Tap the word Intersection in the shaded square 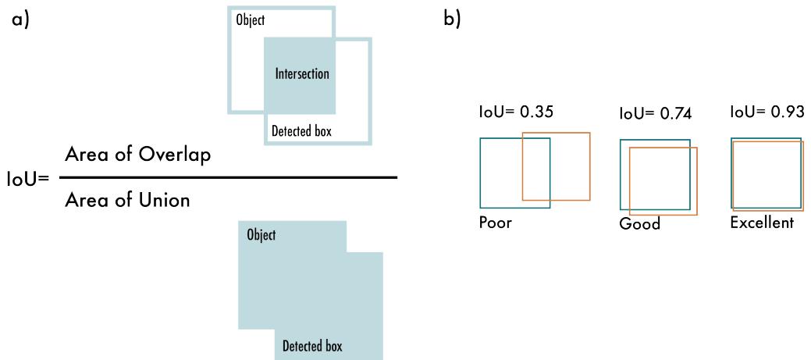(302, 75)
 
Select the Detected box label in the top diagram (301, 131)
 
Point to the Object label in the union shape (261, 235)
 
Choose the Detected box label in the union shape (311, 345)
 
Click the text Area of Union (127, 200)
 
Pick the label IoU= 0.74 (653, 115)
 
